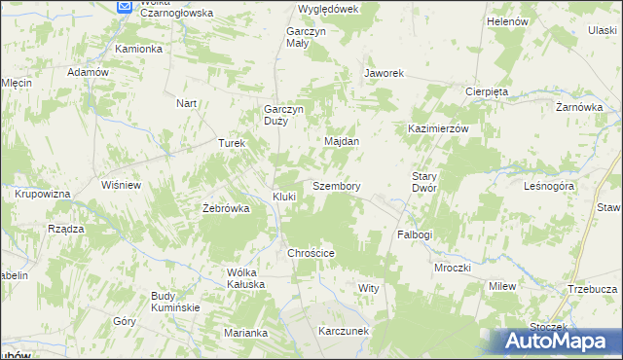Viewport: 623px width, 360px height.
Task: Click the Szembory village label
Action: [x=337, y=186]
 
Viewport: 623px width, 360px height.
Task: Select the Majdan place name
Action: [x=342, y=141]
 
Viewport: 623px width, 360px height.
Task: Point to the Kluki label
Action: [x=284, y=197]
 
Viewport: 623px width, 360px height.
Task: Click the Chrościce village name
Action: [x=311, y=253]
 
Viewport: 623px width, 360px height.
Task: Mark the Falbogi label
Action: [x=415, y=235]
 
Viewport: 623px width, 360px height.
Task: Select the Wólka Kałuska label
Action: [x=245, y=278]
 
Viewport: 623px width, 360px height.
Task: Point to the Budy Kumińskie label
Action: [x=175, y=302]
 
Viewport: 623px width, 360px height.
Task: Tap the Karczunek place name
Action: [x=344, y=331]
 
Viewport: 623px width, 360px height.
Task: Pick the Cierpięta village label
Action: [x=487, y=91]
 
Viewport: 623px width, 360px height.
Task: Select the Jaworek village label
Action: [x=384, y=73]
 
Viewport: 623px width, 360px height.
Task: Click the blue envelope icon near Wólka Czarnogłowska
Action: [x=125, y=6]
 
